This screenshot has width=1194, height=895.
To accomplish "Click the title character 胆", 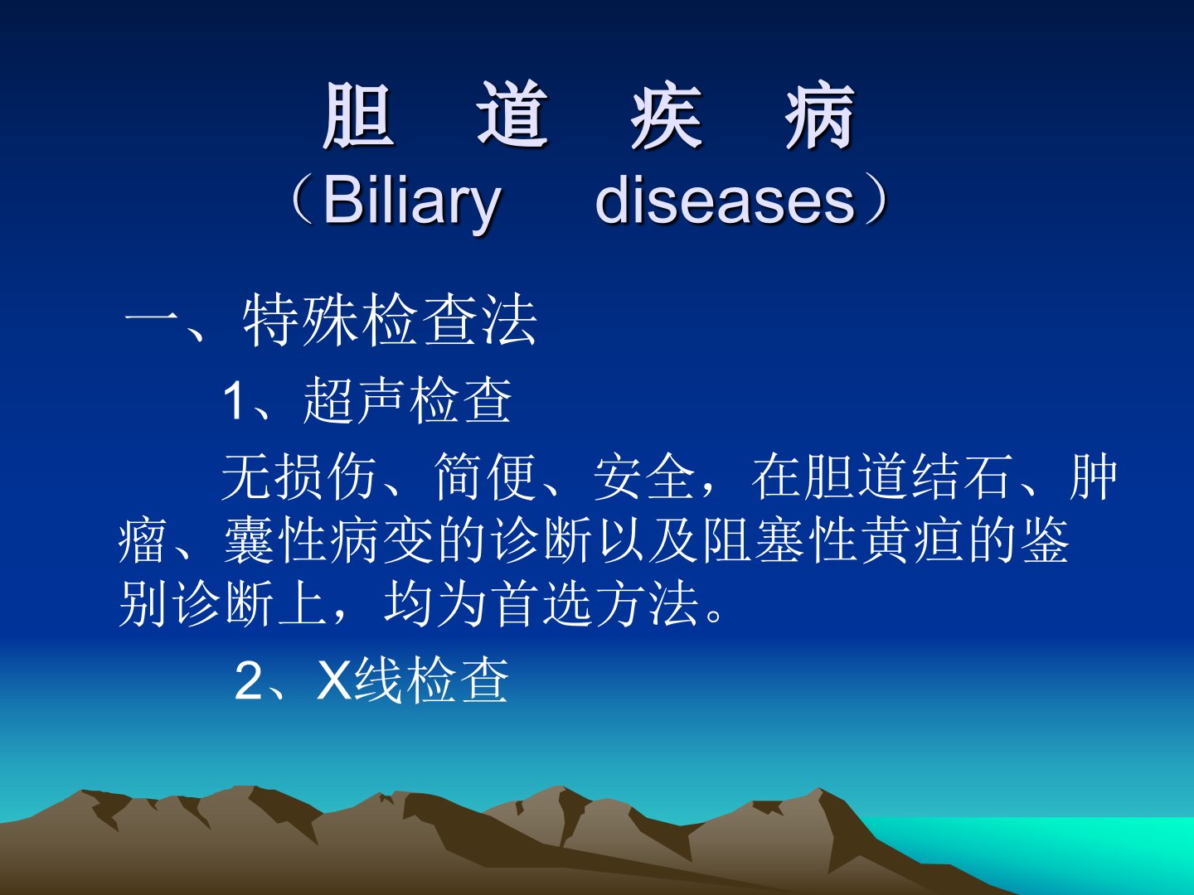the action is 358,115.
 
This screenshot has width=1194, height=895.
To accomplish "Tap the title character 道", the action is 512,115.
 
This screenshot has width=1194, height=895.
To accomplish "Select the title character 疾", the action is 667,115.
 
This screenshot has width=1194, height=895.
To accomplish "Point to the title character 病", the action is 820,115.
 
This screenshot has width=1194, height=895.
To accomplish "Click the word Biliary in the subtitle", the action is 412,203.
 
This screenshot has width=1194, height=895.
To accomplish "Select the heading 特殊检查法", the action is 390,321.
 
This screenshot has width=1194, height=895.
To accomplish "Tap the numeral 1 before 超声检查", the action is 234,400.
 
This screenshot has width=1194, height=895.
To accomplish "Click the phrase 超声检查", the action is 407,400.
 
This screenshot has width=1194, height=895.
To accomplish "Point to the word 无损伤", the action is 298,477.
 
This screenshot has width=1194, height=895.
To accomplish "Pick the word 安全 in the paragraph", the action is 644,477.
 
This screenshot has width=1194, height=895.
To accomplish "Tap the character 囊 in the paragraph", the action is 249,540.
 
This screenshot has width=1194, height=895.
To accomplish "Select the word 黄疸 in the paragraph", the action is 883,540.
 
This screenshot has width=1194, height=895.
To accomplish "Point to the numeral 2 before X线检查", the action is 248,681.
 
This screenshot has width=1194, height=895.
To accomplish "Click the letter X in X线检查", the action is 333,681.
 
